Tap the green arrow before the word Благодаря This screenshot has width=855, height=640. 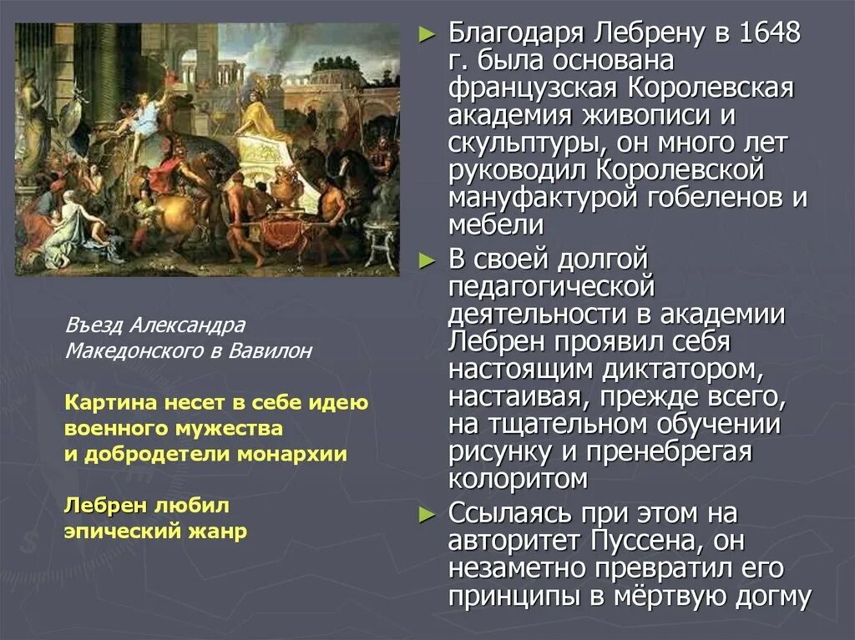point(427,35)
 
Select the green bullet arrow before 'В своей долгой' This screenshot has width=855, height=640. point(427,260)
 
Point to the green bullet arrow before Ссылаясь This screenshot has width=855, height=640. point(427,512)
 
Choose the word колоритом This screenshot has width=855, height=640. point(518,479)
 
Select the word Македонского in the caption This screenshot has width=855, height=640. point(121,351)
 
